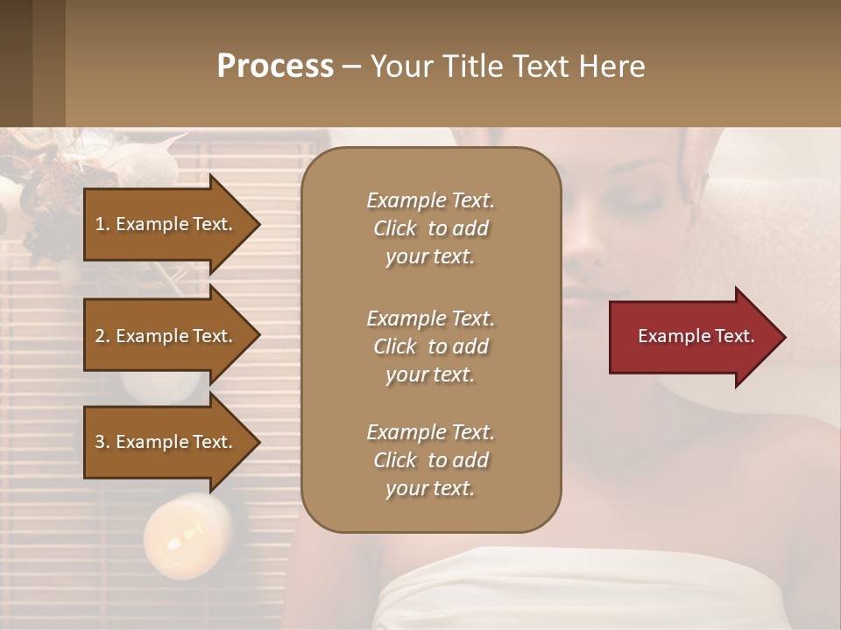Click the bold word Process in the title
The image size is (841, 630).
tap(275, 66)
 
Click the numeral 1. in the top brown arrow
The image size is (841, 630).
tap(102, 224)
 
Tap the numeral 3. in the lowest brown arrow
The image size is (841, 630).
tap(102, 442)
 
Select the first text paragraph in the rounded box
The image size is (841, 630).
tap(430, 228)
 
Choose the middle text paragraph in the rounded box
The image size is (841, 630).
tap(430, 346)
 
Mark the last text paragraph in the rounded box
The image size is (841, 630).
tap(430, 460)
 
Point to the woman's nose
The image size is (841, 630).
tap(585, 254)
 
